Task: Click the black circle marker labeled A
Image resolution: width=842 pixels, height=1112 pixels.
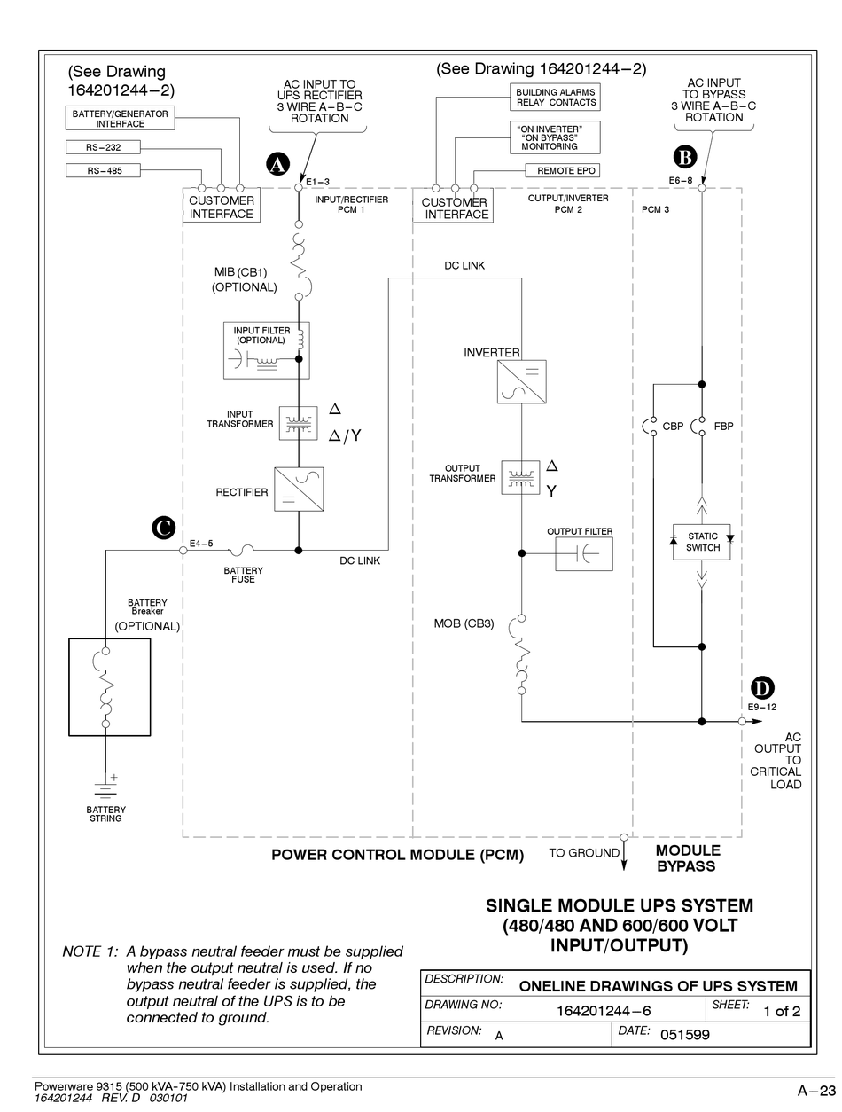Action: click(x=277, y=164)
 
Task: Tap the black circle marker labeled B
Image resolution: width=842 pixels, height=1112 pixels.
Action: click(x=684, y=157)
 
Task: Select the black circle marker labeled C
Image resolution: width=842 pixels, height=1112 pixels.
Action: click(x=164, y=528)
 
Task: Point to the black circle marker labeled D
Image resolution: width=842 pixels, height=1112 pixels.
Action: click(x=762, y=687)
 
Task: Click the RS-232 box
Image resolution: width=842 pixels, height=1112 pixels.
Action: click(x=104, y=147)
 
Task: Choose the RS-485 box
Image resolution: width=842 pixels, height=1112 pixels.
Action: click(x=104, y=171)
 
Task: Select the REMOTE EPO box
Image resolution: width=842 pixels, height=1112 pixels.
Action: click(x=563, y=171)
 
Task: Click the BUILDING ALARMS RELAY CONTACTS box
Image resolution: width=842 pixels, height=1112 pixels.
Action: click(x=555, y=98)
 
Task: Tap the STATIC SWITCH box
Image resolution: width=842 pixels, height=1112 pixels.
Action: click(x=701, y=542)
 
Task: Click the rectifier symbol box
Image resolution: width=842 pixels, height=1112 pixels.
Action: click(x=299, y=489)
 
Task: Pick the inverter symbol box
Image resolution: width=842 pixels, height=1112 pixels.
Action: click(x=521, y=381)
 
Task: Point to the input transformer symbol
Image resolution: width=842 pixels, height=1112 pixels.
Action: click(x=298, y=423)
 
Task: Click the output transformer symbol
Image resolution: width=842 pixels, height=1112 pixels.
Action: click(x=520, y=477)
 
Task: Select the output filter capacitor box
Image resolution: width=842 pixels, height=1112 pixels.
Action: click(x=584, y=553)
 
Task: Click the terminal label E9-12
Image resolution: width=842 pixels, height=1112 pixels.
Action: click(x=761, y=707)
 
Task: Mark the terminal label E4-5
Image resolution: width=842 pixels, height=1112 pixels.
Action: click(x=201, y=543)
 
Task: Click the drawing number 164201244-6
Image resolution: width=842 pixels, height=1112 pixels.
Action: click(x=604, y=1011)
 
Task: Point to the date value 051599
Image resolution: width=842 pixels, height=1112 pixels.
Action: click(x=684, y=1034)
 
